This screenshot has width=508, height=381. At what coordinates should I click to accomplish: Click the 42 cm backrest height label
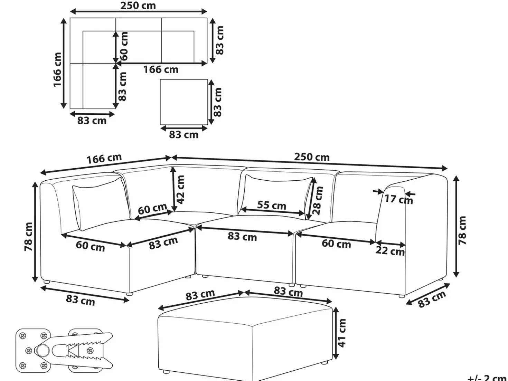tap(180, 189)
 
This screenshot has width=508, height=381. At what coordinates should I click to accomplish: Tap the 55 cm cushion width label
tap(272, 205)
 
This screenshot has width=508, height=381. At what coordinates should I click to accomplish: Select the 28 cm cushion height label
tap(318, 200)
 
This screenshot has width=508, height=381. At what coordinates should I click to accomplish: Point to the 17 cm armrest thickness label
tap(399, 199)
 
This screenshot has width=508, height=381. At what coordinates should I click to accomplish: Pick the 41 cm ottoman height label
tap(342, 333)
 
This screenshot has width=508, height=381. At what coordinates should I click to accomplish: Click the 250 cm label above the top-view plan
tap(138, 6)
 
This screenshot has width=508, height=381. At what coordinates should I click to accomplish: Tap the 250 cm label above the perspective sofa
tap(312, 157)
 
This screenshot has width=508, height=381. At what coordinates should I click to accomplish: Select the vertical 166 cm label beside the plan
tap(57, 70)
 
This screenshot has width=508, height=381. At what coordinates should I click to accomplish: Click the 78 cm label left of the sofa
tap(28, 237)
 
